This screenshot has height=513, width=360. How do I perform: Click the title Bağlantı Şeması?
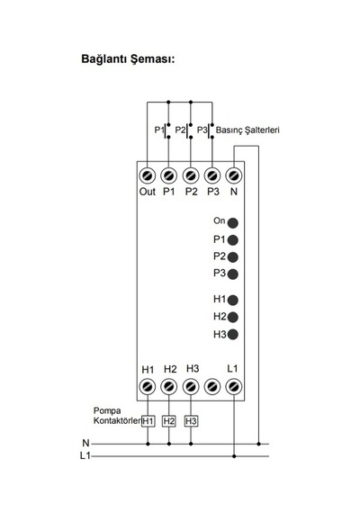(x=128, y=59)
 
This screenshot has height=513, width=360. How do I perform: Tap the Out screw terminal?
(x=148, y=175)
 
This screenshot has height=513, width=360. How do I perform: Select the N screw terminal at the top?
(x=234, y=175)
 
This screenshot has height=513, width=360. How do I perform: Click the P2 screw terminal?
(x=191, y=175)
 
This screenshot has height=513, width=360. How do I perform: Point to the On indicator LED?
(x=233, y=223)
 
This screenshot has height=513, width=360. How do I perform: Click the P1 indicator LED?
(x=233, y=240)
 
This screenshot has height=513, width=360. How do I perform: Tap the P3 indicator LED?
(x=233, y=274)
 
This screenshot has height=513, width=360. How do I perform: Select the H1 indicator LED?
(x=233, y=300)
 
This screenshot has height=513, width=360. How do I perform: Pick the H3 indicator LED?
(x=233, y=335)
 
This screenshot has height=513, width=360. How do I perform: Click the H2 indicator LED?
(x=233, y=317)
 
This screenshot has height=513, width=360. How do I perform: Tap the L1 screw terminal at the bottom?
(x=234, y=387)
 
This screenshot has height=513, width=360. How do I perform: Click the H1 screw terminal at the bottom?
(x=148, y=387)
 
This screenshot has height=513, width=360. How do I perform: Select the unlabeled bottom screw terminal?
(x=212, y=387)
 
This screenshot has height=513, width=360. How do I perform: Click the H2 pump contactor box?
(x=169, y=421)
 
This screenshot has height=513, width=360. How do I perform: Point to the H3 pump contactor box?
(x=191, y=421)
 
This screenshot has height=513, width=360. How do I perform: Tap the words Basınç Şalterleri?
(x=247, y=130)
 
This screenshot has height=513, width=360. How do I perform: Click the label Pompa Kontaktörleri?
(x=117, y=416)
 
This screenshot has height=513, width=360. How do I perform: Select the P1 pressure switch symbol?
(x=166, y=130)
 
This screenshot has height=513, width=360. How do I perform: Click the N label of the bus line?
(x=85, y=443)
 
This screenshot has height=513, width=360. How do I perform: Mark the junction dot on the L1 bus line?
(x=234, y=456)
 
